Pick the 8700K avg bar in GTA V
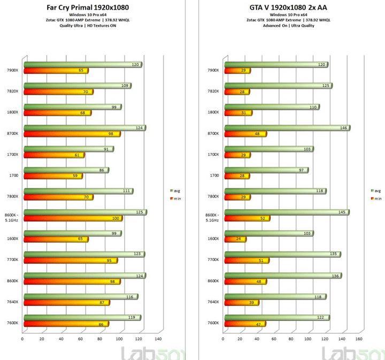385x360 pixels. (287, 128)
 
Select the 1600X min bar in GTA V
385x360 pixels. (235, 239)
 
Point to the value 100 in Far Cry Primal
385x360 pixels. (116, 218)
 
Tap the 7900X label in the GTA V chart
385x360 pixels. (213, 70)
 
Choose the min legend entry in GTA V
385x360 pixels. (376, 198)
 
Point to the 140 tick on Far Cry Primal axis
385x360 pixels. (158, 339)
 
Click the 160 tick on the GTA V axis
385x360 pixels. (359, 339)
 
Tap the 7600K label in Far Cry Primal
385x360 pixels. (12, 323)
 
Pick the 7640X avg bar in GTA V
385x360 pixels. (275, 296)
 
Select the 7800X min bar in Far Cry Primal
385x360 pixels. (58, 197)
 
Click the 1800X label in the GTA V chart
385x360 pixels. (213, 112)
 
